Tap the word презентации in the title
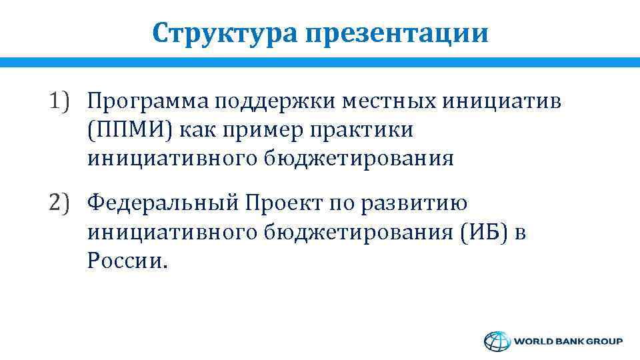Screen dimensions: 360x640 [x=397, y=33]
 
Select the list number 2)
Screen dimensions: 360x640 [x=61, y=201]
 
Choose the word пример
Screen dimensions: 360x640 [x=260, y=130]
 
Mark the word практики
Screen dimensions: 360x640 [x=360, y=130]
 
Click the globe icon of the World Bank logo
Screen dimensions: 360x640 [x=496, y=341]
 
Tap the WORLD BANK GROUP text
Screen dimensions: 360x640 [x=568, y=341]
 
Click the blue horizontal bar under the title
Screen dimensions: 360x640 [x=320, y=62]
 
